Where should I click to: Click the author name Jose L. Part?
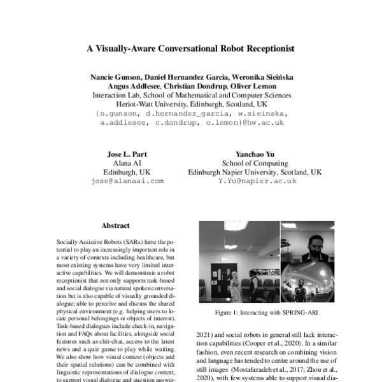click(x=126, y=154)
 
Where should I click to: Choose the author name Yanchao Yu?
click(x=254, y=154)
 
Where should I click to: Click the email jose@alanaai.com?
click(x=127, y=181)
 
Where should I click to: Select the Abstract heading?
click(x=115, y=225)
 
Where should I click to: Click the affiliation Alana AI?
click(x=126, y=163)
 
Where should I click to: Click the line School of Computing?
click(x=255, y=163)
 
